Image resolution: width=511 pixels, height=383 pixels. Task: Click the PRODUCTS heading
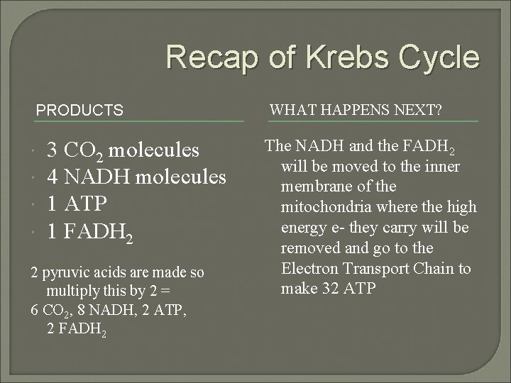(79, 111)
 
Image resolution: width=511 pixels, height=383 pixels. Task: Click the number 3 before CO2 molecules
(52, 151)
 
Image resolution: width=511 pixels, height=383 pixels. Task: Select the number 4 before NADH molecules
(52, 177)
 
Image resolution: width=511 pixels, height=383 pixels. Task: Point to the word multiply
(70, 292)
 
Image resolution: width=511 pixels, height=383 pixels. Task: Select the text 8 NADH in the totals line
(103, 311)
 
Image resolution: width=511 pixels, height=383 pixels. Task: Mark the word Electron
(307, 269)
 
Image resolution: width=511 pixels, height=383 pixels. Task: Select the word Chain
(436, 269)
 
